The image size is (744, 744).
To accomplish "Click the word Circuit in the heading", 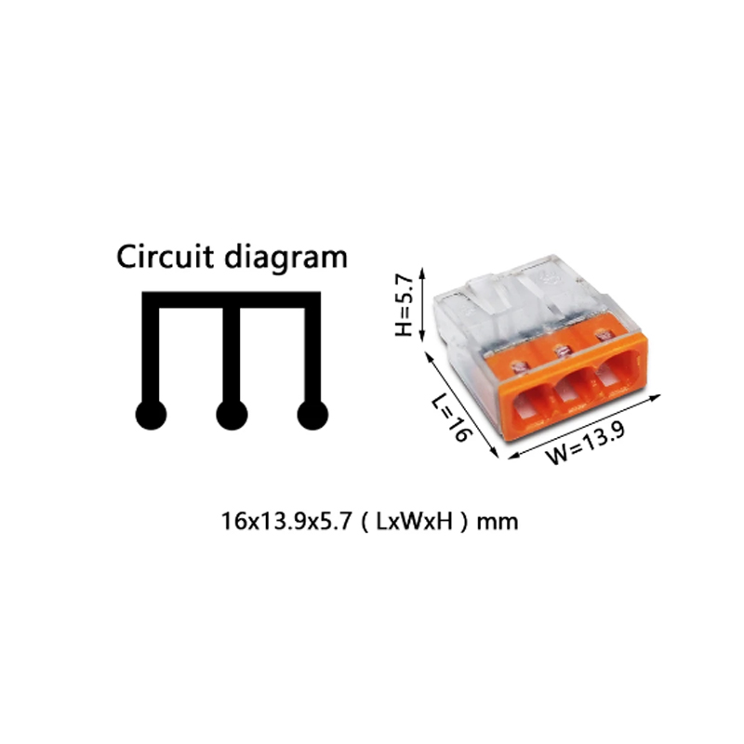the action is point(166,257).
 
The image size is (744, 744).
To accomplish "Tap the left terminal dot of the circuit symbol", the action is point(151,415).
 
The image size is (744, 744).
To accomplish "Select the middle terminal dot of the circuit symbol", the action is point(232,415).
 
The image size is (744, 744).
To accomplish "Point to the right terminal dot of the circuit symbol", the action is point(312,415).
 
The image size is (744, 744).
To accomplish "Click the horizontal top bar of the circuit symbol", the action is point(232,299).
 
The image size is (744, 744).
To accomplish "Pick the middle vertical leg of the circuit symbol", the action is point(232,354).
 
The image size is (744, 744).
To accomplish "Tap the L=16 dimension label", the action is point(453,418).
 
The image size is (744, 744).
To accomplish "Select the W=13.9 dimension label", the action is point(586,443).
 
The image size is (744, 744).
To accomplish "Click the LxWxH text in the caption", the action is point(414,522).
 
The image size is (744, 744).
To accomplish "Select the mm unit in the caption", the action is point(498,523).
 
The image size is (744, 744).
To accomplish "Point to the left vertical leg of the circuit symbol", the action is point(151,354).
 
